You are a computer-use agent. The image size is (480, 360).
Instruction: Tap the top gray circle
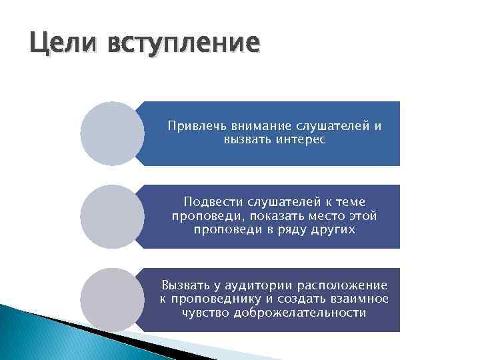[x=112, y=133]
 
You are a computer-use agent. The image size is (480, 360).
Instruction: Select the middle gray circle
[x=112, y=217]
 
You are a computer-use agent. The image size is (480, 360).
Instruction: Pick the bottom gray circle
[x=112, y=299]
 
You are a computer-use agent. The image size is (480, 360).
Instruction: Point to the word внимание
[x=256, y=126]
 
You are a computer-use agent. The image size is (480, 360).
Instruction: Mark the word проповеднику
[x=216, y=299]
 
